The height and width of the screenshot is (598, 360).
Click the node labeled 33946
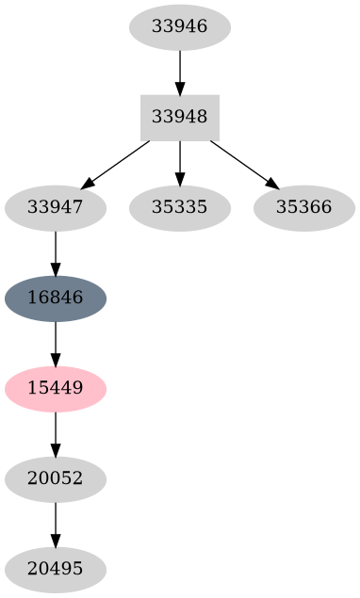(x=179, y=26)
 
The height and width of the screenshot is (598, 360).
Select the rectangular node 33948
(x=179, y=118)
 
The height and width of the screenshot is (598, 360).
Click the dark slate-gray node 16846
(x=56, y=299)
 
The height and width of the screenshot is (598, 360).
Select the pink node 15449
(x=56, y=389)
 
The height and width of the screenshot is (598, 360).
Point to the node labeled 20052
(x=56, y=479)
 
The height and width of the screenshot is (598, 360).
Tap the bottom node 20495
(x=56, y=570)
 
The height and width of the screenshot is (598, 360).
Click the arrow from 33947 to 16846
(x=56, y=253)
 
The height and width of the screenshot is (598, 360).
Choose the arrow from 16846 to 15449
(x=56, y=344)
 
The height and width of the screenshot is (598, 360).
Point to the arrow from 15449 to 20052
(x=56, y=434)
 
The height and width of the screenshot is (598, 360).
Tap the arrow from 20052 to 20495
(x=56, y=525)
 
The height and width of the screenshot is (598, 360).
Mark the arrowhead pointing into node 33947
(x=88, y=184)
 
